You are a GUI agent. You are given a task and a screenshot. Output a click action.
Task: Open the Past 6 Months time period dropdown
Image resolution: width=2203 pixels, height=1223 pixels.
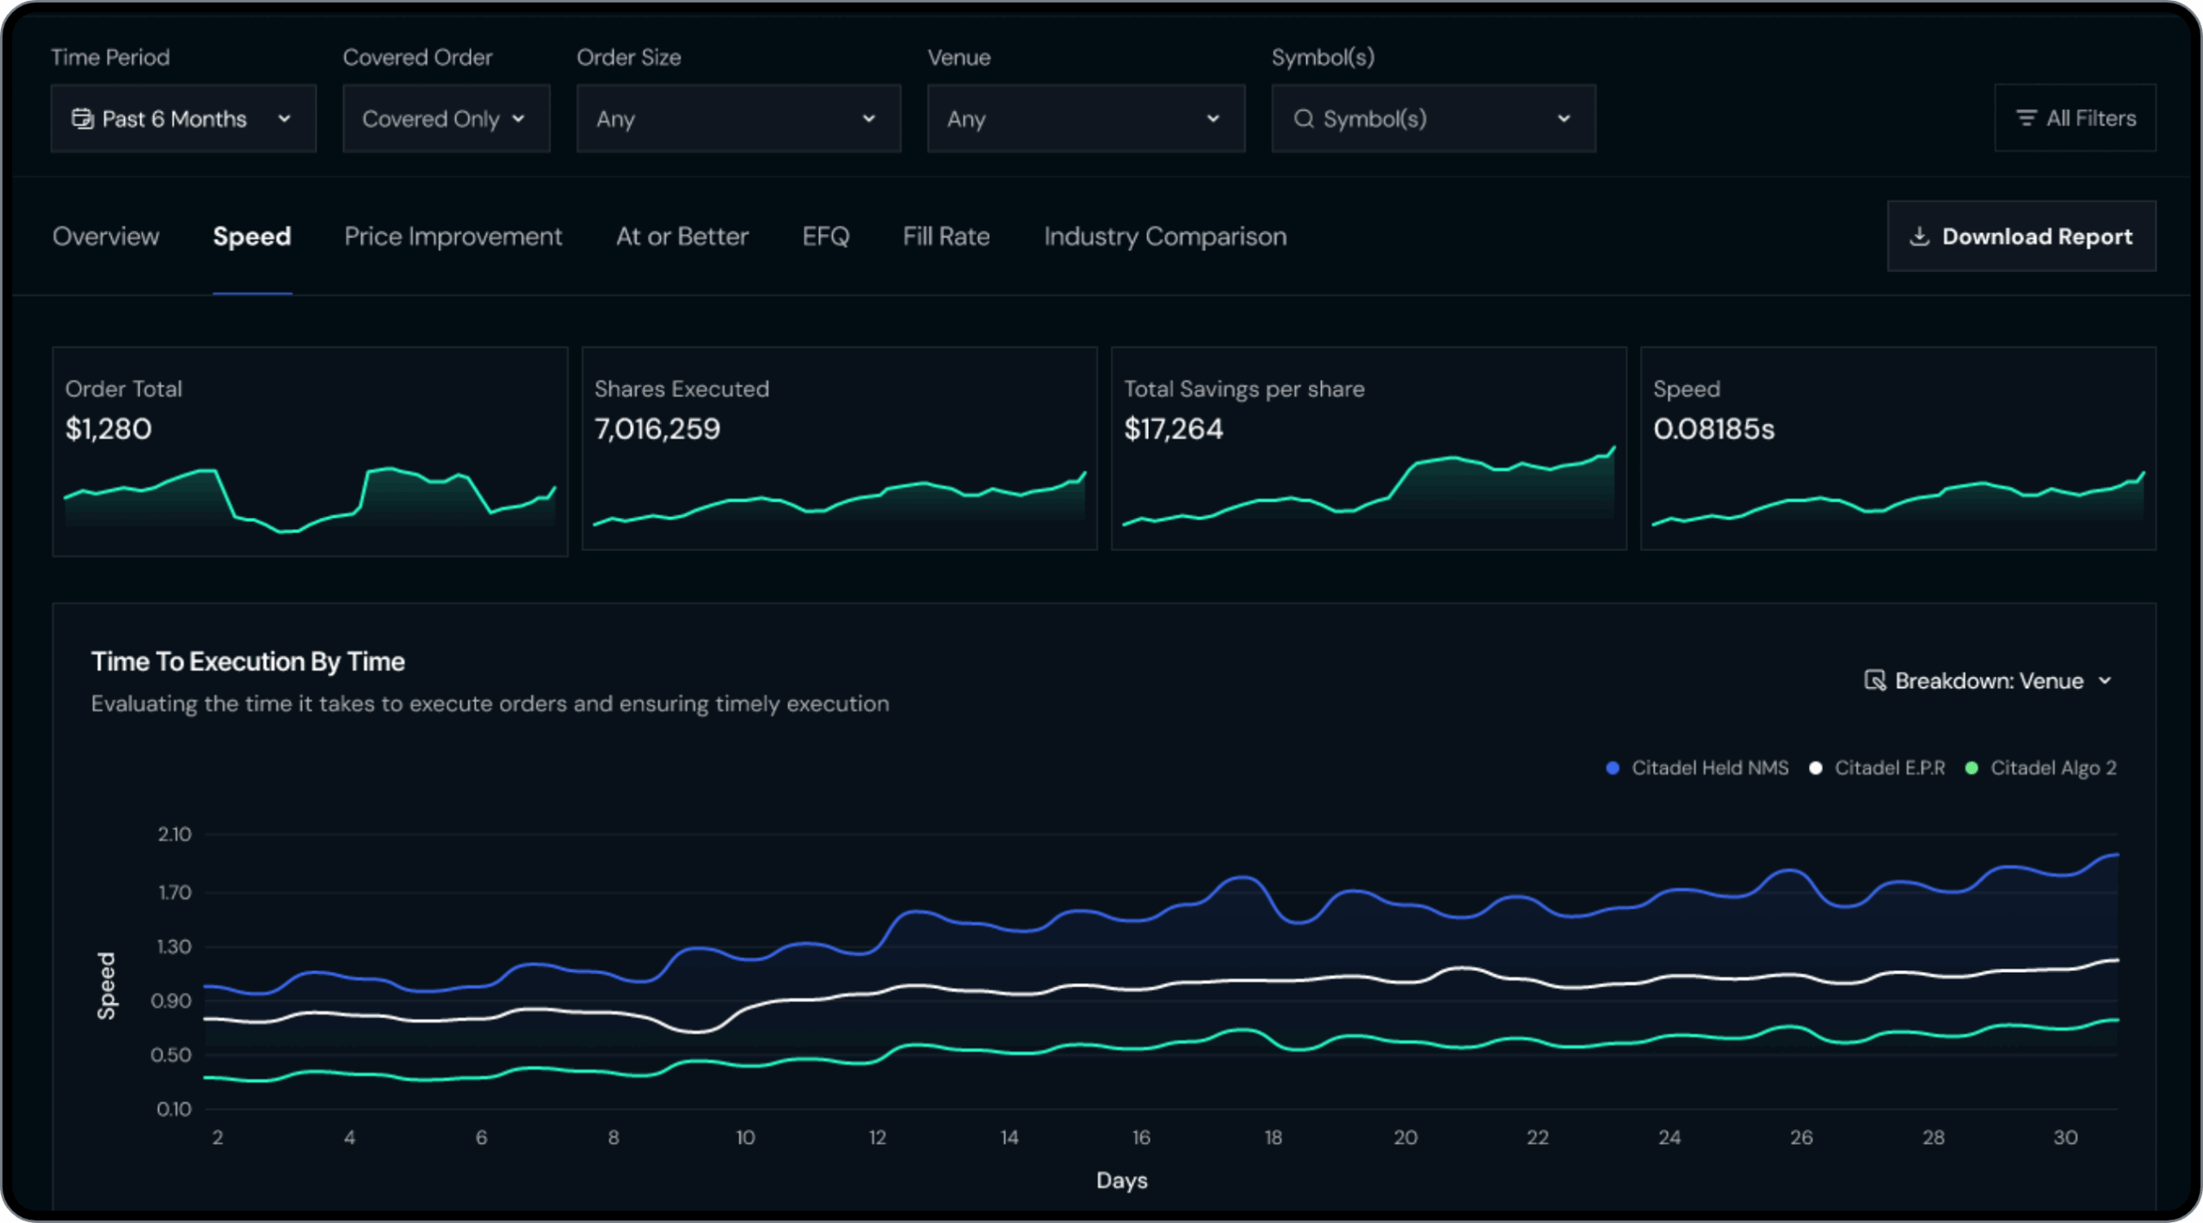tap(182, 119)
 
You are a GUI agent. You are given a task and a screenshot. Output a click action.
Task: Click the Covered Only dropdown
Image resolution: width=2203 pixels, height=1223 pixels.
tap(445, 119)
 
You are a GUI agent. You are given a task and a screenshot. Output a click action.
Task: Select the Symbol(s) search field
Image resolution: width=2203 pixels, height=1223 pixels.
tap(1432, 119)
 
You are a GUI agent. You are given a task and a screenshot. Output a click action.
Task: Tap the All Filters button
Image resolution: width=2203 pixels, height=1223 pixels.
tap(2075, 118)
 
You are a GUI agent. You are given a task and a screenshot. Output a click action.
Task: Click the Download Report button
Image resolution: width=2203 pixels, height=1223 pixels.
tap(2021, 237)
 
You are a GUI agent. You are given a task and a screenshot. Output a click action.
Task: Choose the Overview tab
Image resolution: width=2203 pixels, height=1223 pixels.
tap(106, 237)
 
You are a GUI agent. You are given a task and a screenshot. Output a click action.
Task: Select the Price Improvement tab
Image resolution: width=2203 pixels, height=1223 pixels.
tap(453, 237)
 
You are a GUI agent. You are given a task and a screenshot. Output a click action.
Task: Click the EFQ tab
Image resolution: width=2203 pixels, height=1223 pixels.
tap(825, 237)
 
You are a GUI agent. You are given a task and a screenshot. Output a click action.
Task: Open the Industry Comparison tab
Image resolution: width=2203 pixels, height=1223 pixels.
tap(1165, 237)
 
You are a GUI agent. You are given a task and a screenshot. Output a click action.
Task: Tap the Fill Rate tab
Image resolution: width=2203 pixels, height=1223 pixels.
tap(946, 237)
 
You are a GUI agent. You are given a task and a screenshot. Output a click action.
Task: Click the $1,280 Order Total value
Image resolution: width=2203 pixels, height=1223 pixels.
tap(108, 429)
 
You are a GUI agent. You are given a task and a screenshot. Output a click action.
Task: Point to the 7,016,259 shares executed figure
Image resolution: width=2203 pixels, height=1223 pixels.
tap(657, 429)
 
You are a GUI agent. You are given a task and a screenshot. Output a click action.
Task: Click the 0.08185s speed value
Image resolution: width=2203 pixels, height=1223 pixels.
tap(1713, 429)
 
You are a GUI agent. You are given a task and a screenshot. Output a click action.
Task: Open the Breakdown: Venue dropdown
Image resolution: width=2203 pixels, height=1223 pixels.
tap(1988, 681)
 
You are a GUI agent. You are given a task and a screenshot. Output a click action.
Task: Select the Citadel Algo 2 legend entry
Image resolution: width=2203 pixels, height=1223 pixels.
tap(2052, 768)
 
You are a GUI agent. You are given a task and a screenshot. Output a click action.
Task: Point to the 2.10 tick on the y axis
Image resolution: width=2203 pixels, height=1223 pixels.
tap(175, 834)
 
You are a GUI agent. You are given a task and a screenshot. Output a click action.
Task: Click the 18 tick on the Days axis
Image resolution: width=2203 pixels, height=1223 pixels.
tap(1273, 1138)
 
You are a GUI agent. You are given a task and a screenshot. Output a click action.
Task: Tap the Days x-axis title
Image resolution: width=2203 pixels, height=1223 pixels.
tap(1121, 1181)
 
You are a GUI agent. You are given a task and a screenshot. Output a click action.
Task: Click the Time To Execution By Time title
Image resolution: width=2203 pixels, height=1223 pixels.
tap(248, 661)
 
